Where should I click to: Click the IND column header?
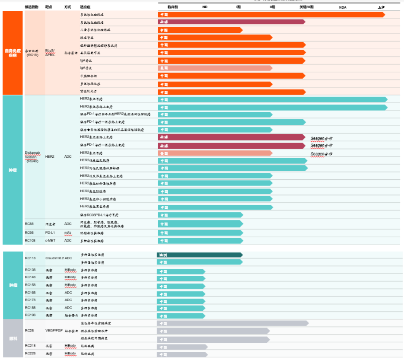point(204,7)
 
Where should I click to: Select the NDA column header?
point(343,7)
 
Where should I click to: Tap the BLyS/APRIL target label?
point(50,53)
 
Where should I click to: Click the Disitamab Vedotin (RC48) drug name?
point(34,156)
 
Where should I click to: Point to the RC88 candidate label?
point(29,224)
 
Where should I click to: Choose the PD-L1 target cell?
point(51,233)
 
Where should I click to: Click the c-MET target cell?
point(51,240)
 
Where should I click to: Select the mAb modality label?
point(68,233)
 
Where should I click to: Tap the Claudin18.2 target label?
point(54,258)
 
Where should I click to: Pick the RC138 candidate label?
point(30,270)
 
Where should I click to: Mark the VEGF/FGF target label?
point(54,331)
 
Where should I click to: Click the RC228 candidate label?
point(30,354)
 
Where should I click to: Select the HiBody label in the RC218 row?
point(70,346)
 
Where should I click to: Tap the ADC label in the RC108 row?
point(68,240)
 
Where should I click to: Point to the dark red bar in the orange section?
point(231,22)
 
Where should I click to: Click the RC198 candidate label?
point(30,315)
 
